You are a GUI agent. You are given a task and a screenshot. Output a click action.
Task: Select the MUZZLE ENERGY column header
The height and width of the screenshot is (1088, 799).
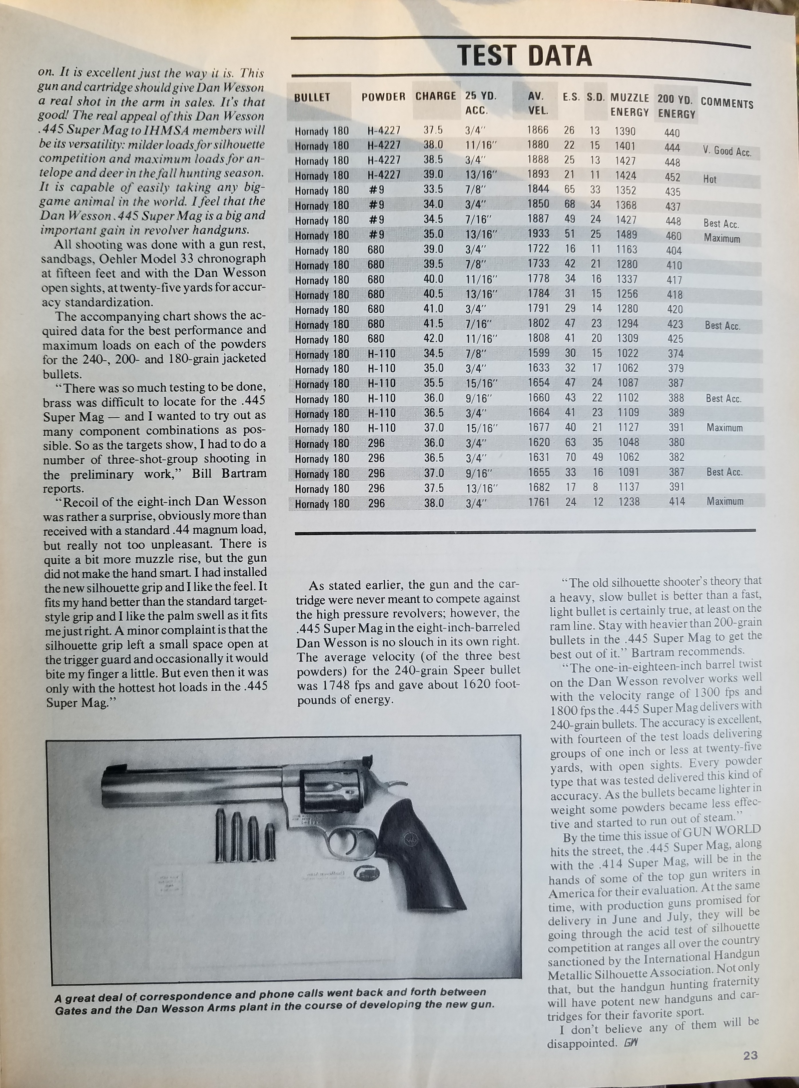click(629, 104)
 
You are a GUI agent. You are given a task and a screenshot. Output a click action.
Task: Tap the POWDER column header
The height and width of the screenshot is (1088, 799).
click(383, 97)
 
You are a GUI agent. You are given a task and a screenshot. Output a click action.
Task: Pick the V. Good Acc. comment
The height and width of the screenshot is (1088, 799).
click(726, 151)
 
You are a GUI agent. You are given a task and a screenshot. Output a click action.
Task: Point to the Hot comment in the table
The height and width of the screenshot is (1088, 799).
click(709, 179)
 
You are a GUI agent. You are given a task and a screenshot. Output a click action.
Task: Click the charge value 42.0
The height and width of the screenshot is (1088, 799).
click(433, 338)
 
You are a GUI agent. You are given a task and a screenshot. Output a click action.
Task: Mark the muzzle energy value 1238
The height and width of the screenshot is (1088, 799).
click(629, 502)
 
